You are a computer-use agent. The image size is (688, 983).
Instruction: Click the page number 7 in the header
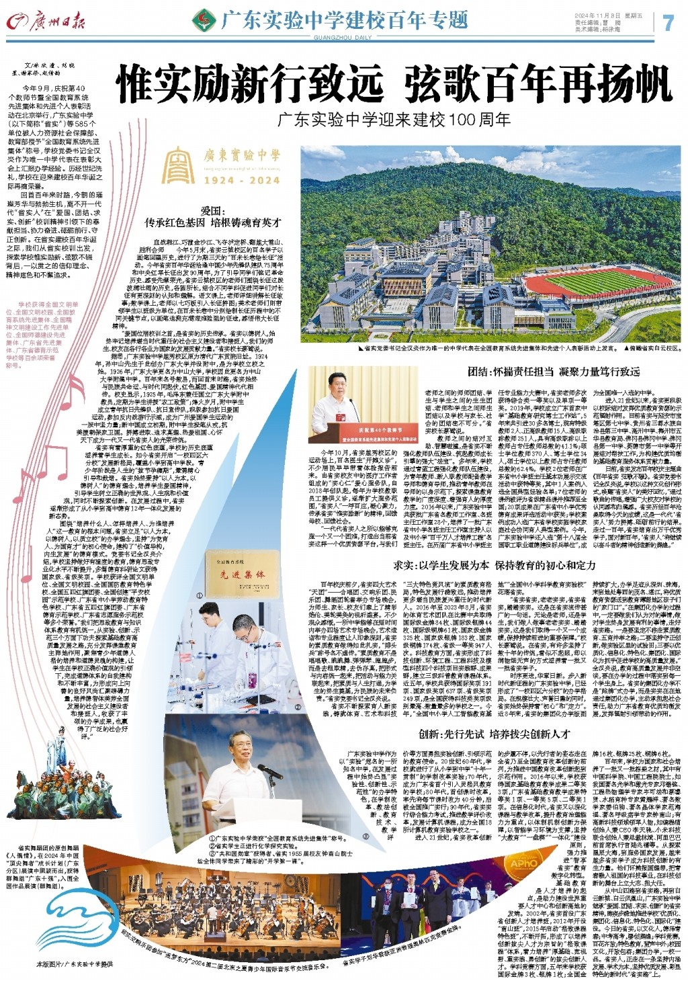(x=668, y=22)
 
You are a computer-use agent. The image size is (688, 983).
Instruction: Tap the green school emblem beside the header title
(x=204, y=22)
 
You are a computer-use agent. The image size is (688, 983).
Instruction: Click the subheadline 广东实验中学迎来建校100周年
(x=395, y=120)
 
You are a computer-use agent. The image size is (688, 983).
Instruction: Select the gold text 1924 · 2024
(x=242, y=180)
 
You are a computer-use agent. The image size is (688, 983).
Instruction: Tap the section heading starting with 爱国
(x=213, y=216)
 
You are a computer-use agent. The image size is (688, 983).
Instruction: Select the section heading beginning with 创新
(x=494, y=734)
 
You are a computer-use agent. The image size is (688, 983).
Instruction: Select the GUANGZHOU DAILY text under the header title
(x=343, y=38)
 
